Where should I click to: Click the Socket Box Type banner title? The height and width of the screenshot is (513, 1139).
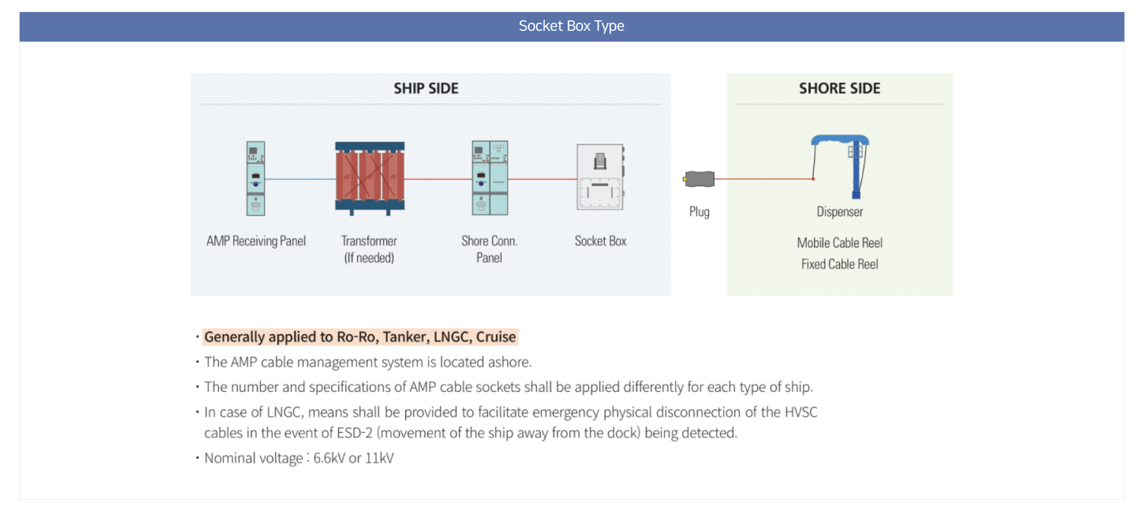pos(571,26)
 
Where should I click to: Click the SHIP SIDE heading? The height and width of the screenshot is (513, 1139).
pos(426,88)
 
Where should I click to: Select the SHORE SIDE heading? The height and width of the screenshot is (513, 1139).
pos(840,88)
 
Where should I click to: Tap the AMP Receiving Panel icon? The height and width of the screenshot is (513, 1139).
pos(256,179)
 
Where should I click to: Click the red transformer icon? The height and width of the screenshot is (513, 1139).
pos(370,179)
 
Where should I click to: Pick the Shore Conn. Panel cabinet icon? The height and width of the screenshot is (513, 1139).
pos(490,178)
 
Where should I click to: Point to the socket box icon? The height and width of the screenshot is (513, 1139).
pos(600,177)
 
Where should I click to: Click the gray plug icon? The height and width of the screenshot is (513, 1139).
pos(699,179)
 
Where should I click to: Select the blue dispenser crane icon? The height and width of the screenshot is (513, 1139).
pos(840,167)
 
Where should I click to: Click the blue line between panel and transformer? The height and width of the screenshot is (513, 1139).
pos(300,179)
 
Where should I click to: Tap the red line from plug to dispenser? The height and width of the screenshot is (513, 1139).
pos(764,179)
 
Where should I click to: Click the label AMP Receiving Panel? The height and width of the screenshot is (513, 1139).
pos(256,241)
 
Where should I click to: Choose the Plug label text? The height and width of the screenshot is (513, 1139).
pos(700,212)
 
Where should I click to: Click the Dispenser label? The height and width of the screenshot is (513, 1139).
pos(840,212)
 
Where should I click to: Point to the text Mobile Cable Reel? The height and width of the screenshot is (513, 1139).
pos(840,243)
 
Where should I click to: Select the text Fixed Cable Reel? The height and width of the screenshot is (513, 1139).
pos(840,264)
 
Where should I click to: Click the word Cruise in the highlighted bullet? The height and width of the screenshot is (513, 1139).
pos(496,337)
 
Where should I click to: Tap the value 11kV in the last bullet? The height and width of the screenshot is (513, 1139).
pos(379,458)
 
